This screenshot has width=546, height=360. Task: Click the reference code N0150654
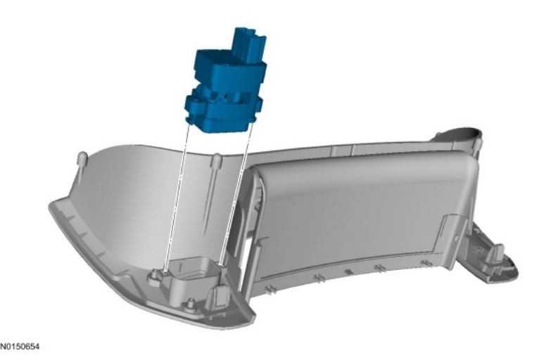(x=20, y=347)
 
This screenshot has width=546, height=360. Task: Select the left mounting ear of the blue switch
(x=193, y=103)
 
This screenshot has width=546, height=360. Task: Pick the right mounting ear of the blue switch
(x=257, y=103)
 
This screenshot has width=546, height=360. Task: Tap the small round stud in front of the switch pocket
(x=190, y=304)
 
